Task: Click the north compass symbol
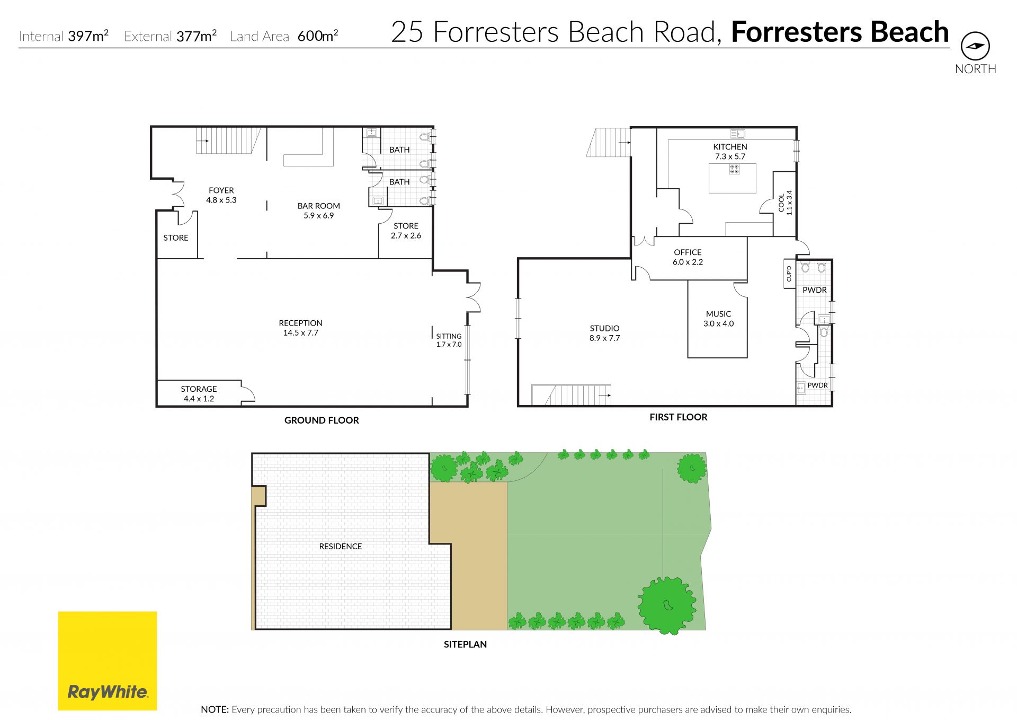coord(975,46)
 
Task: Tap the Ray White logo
coord(108,661)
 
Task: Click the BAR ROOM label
coord(319,210)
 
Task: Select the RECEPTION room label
coord(300,328)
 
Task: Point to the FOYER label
coord(221,195)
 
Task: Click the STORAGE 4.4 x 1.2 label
coord(199,394)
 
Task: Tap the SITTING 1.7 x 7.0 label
coord(449,340)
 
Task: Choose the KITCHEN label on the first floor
coord(730,152)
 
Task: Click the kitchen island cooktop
coord(734,169)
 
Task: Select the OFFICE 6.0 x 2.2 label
coord(688,257)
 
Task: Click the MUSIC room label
coord(718,319)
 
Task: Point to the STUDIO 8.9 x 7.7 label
coord(604,333)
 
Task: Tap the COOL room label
coord(785,203)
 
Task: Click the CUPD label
coord(789,274)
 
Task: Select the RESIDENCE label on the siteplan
coord(340,546)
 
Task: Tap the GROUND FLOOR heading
coord(322,420)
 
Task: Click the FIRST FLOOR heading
coord(679,417)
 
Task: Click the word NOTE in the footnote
coord(215,709)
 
